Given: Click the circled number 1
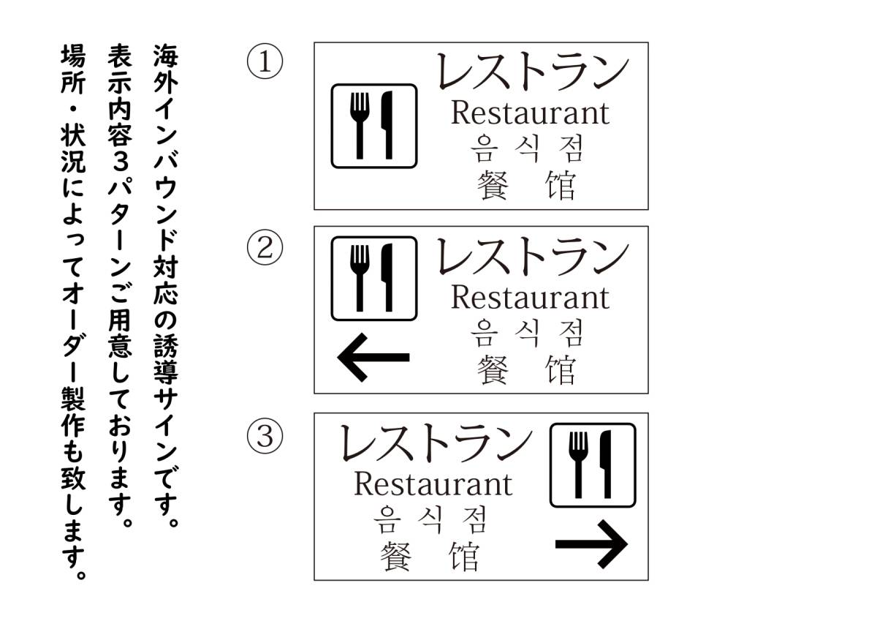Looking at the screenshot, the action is click(x=265, y=61).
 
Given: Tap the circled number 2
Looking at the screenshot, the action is click(x=265, y=247).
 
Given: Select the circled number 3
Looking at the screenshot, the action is click(x=265, y=436).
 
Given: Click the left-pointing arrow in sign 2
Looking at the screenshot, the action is click(x=373, y=357).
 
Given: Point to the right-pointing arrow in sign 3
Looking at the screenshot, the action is click(x=591, y=543).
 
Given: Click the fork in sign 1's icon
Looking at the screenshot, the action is click(x=360, y=125).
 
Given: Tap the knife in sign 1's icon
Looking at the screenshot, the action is click(x=387, y=125).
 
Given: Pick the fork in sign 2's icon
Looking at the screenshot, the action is click(x=360, y=278).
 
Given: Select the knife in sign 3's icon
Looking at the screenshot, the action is click(x=606, y=464).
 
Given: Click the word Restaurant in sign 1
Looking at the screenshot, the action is click(x=530, y=113).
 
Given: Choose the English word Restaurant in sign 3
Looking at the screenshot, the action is click(x=433, y=484).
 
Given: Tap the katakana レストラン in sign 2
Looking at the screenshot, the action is click(x=533, y=256).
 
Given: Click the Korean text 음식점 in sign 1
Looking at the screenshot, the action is click(x=527, y=148).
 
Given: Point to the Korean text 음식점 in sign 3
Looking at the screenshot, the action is click(x=430, y=519).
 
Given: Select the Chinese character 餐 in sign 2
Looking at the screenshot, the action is click(x=493, y=369).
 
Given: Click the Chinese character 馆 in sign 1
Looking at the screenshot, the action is click(x=561, y=185).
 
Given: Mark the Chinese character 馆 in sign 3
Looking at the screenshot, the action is click(x=464, y=557).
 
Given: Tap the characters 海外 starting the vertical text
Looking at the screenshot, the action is click(x=166, y=69).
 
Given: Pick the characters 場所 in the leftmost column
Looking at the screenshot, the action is click(x=73, y=69).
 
